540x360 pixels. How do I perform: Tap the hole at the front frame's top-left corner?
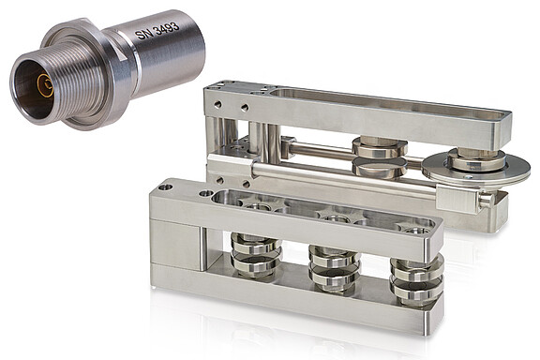click(166, 187)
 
